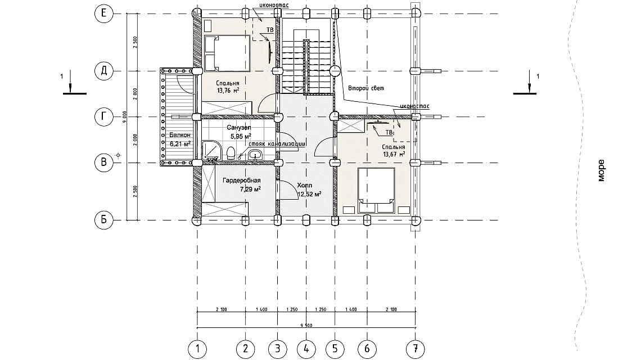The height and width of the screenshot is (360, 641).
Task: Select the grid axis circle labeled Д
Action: tap(104, 71)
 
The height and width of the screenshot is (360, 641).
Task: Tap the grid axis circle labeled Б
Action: tap(104, 220)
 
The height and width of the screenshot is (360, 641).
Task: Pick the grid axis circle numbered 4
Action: tap(306, 349)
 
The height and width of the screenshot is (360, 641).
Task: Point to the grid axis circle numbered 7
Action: tap(414, 349)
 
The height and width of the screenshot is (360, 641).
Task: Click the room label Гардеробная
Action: tap(241, 181)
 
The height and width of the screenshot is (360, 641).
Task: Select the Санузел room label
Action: tap(239, 128)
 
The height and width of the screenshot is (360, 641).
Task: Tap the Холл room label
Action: tap(304, 185)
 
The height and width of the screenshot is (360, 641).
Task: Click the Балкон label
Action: tap(180, 136)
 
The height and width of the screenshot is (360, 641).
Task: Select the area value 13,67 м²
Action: tap(394, 154)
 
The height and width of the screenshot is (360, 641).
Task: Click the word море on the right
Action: tap(601, 170)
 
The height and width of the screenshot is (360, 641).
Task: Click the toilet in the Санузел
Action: tap(231, 152)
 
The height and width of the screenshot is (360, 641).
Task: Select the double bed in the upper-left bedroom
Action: tap(227, 53)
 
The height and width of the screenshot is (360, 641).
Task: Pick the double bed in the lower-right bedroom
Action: tap(377, 187)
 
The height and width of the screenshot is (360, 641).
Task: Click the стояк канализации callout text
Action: tap(276, 145)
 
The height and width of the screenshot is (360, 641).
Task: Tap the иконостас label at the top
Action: tap(274, 4)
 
